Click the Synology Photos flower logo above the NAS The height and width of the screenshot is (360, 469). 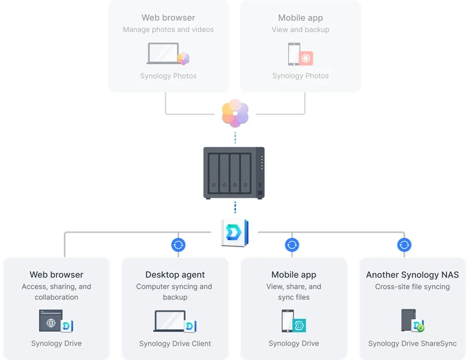click(x=235, y=113)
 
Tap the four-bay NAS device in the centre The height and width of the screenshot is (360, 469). click(x=234, y=173)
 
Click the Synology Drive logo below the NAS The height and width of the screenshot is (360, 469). click(x=234, y=233)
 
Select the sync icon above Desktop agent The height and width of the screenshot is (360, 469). click(x=178, y=245)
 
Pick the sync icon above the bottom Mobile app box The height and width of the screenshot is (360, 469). click(x=292, y=245)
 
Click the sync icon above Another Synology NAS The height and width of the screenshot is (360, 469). click(x=405, y=245)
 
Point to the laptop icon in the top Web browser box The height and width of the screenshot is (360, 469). click(x=163, y=54)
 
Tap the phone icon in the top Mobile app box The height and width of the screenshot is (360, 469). click(x=294, y=54)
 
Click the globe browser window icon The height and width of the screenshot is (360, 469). click(x=51, y=322)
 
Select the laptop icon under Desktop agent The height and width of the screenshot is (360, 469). click(x=170, y=322)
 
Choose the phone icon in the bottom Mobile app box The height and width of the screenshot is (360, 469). click(x=287, y=321)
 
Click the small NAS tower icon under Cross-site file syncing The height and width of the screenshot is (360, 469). click(x=408, y=321)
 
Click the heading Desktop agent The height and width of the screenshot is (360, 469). click(x=175, y=275)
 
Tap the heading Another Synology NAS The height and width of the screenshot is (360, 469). click(x=412, y=275)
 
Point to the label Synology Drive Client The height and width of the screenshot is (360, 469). click(x=175, y=343)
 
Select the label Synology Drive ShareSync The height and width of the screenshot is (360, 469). click(x=412, y=343)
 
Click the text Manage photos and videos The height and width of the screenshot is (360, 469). click(x=168, y=30)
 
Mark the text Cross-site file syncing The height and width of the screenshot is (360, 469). click(x=412, y=287)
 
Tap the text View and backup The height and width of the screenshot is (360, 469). click(x=301, y=30)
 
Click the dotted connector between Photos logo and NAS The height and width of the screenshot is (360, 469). click(x=235, y=137)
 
